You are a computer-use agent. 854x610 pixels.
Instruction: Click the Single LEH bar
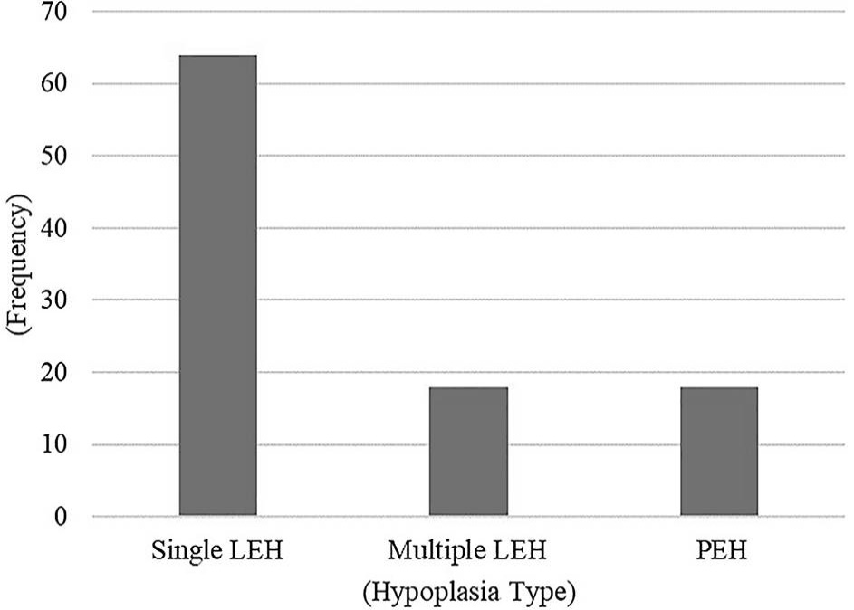(x=218, y=285)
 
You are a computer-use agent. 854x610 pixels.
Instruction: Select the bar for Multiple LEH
(x=468, y=451)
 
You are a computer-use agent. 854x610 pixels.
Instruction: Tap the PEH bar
(x=719, y=451)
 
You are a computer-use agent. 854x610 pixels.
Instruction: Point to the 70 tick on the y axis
(x=54, y=12)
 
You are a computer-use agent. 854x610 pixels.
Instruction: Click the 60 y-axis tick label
(x=54, y=84)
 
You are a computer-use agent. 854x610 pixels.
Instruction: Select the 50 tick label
(x=54, y=156)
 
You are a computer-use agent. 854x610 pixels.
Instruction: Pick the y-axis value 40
(x=54, y=228)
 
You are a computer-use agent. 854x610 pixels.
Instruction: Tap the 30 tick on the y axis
(x=54, y=300)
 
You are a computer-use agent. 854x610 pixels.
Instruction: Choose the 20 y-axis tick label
(x=54, y=372)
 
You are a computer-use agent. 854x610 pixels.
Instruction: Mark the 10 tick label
(x=54, y=444)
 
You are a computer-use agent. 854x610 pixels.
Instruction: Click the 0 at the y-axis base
(x=61, y=516)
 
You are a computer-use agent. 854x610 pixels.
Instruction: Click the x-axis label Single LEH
(x=217, y=550)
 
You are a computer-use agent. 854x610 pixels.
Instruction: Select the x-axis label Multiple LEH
(x=467, y=550)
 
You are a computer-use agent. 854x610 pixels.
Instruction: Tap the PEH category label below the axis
(x=721, y=550)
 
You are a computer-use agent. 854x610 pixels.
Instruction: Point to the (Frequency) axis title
(x=18, y=264)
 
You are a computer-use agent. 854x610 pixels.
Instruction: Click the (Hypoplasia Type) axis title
(x=469, y=592)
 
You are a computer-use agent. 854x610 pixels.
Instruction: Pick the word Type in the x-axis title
(x=542, y=592)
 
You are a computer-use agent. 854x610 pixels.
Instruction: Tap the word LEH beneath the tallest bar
(x=256, y=550)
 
